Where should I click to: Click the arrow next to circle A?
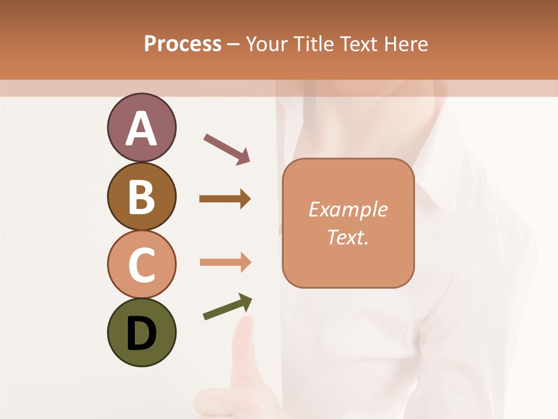coord(227,148)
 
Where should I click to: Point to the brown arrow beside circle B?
coord(225,199)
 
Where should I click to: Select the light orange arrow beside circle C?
coord(225,262)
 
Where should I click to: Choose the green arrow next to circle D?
coord(227,307)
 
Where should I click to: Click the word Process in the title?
coord(183,44)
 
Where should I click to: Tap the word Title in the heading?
coord(310,44)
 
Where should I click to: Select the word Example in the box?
coord(348,210)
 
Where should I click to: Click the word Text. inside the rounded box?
coord(348,237)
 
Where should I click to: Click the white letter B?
coord(141,197)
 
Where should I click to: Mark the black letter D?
coord(141,333)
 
